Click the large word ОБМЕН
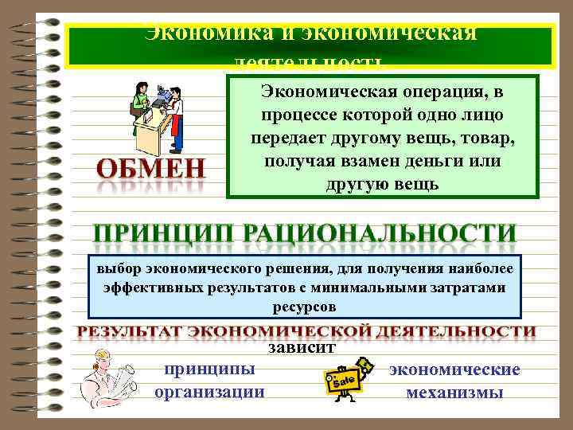151,169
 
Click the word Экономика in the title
197,33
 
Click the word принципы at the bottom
210,369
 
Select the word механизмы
454,392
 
